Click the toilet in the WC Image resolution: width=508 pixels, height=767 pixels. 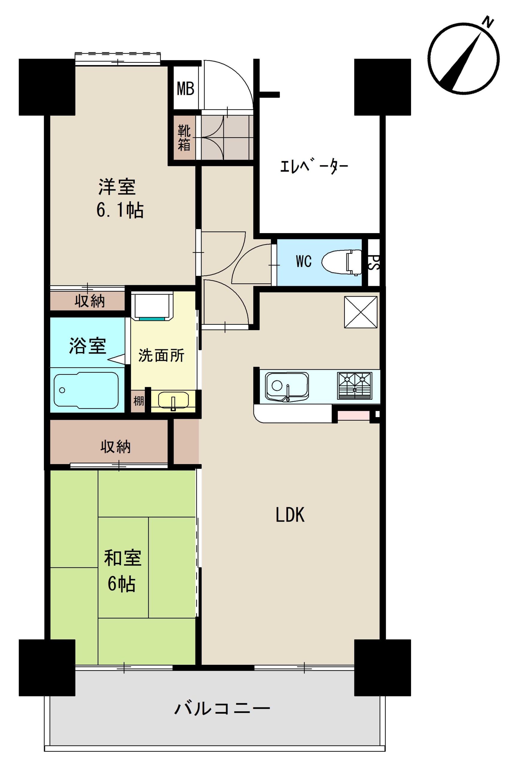pyautogui.click(x=342, y=262)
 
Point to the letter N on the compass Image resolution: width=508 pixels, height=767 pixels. pyautogui.click(x=488, y=22)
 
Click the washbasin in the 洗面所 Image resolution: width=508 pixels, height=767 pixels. pyautogui.click(x=173, y=401)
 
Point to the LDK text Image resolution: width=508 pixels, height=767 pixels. pyautogui.click(x=290, y=514)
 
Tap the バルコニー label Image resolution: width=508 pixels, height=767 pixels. pyautogui.click(x=222, y=709)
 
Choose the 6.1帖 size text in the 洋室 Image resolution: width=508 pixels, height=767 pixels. pyautogui.click(x=120, y=210)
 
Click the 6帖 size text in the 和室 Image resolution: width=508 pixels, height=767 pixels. pyautogui.click(x=122, y=584)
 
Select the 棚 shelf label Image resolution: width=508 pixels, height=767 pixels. pyautogui.click(x=138, y=401)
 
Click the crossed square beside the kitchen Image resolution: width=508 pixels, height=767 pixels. pyautogui.click(x=361, y=312)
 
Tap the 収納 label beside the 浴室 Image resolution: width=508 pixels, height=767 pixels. pyautogui.click(x=90, y=301)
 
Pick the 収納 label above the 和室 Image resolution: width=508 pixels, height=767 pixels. pyautogui.click(x=115, y=447)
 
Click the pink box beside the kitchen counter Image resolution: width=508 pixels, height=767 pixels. pyautogui.click(x=353, y=416)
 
